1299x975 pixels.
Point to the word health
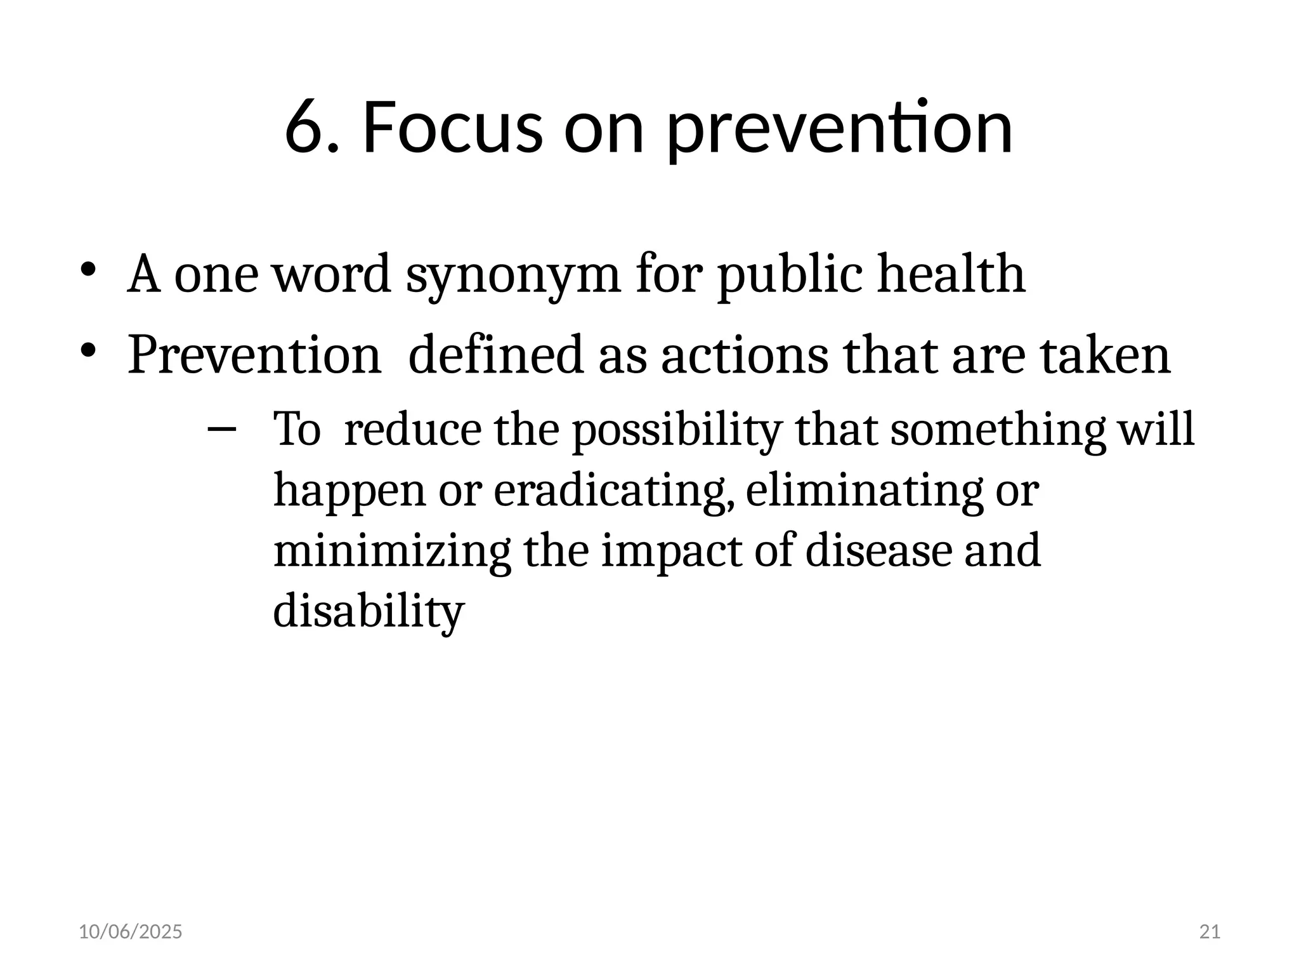point(951,274)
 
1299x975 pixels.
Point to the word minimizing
point(391,551)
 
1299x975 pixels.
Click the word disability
point(369,612)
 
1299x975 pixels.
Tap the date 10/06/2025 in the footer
point(130,932)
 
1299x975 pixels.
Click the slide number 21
point(1210,932)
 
